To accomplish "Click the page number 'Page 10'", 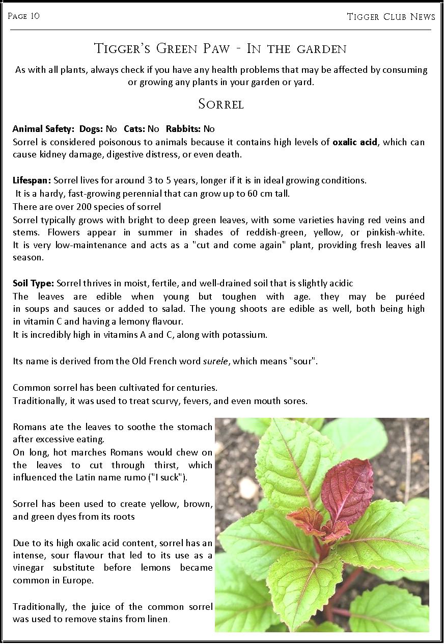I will click(x=23, y=16).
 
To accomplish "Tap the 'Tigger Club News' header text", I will click(x=391, y=17).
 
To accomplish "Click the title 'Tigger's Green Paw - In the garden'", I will click(x=220, y=49).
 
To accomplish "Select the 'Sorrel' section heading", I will click(x=221, y=104).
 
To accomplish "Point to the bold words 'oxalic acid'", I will click(x=355, y=142).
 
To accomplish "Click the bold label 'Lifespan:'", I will click(x=32, y=180).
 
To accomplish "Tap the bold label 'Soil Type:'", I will click(x=34, y=283).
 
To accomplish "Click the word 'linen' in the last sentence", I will click(x=158, y=620).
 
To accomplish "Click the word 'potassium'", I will click(x=246, y=335).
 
